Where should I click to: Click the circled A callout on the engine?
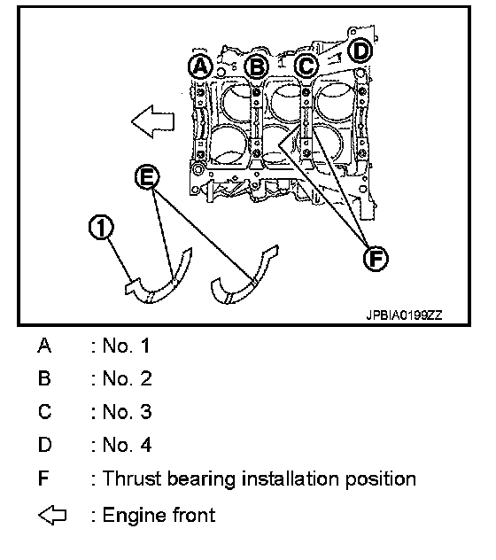pos(201,66)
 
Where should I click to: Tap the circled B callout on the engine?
pos(256,66)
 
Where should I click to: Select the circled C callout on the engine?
pos(306,66)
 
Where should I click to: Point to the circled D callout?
pos(360,51)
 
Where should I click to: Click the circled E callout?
pos(148,177)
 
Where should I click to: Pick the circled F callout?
pos(376,258)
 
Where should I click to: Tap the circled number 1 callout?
pos(101,227)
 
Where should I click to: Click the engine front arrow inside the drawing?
pos(153,121)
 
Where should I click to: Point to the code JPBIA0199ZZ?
pos(404,315)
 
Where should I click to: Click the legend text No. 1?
pos(127,346)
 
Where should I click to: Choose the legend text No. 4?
pos(128,445)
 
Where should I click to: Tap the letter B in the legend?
pos(44,378)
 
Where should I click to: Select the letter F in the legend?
pos(43,478)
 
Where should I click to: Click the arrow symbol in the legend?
pos(52,515)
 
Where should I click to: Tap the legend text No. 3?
pos(128,412)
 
